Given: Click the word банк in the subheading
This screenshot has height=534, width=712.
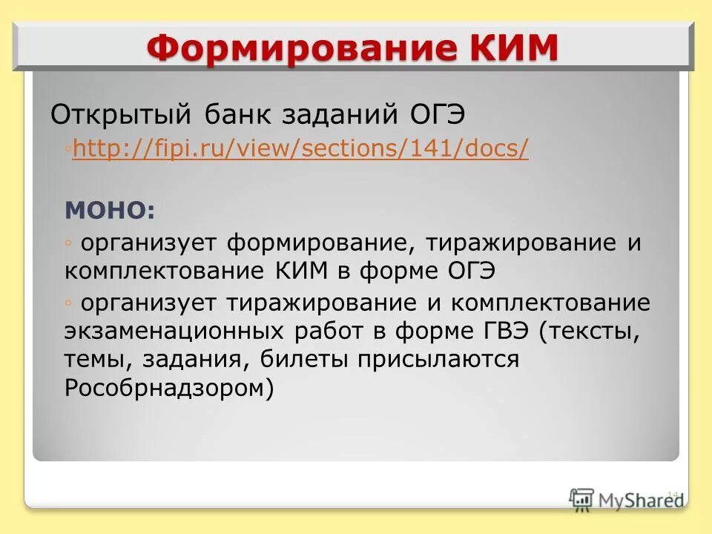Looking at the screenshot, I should click(x=230, y=116).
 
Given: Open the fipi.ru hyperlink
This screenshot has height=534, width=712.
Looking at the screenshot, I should click(x=301, y=149).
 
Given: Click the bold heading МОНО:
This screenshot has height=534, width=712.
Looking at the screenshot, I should click(x=111, y=210).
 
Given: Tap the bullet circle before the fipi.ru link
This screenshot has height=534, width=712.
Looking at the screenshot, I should click(x=67, y=149).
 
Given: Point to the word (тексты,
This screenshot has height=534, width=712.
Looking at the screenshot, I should click(x=590, y=331).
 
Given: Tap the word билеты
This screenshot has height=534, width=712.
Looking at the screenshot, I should click(x=305, y=359).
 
